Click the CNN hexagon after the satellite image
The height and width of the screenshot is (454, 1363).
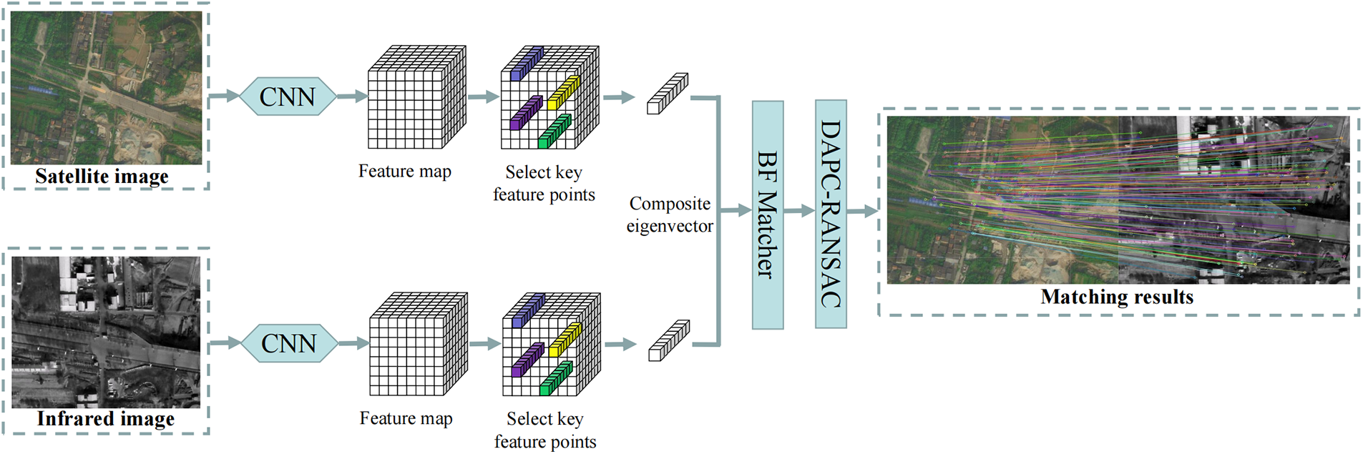(x=287, y=97)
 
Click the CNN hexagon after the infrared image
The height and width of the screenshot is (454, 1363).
(x=288, y=343)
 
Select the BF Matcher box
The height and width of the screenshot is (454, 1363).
(x=767, y=214)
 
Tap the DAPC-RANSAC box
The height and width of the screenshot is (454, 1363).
(x=831, y=214)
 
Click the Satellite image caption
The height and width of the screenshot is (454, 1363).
(x=102, y=177)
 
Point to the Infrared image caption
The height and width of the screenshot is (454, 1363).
(x=105, y=419)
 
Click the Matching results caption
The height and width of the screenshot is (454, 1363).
(x=1117, y=297)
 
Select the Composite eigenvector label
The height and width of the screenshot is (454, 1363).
(x=670, y=214)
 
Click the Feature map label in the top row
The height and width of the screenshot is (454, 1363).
(x=404, y=172)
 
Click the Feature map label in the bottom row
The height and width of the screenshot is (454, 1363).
(x=406, y=418)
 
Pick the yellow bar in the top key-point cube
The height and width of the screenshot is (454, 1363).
(x=563, y=92)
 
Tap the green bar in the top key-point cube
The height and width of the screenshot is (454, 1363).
(x=555, y=132)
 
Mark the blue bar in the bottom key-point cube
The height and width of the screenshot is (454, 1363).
(x=528, y=310)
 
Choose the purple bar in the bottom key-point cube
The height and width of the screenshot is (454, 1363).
(x=527, y=360)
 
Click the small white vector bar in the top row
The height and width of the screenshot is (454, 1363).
(x=667, y=94)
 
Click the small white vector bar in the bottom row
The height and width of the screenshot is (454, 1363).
(x=669, y=340)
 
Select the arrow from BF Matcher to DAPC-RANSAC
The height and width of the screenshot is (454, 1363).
(x=799, y=211)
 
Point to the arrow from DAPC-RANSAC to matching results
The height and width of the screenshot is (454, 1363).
(x=862, y=211)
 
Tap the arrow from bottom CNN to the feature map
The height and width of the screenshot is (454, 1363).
(x=353, y=343)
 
